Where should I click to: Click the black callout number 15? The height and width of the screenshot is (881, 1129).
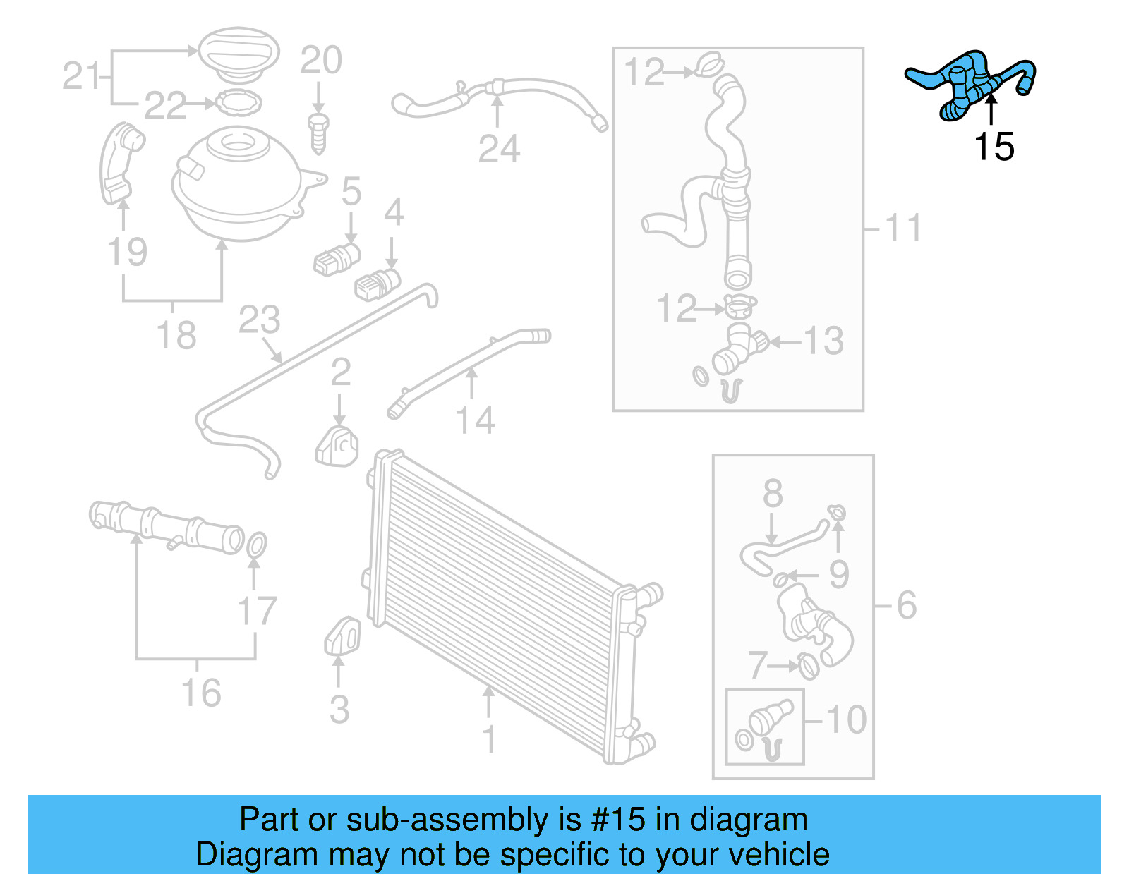[x=994, y=147]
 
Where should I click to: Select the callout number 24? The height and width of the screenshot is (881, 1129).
[x=499, y=149]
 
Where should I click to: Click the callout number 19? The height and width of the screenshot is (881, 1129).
[x=127, y=252]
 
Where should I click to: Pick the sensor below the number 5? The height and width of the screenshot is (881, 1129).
[x=337, y=260]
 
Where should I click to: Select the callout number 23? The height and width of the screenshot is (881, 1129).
[x=259, y=320]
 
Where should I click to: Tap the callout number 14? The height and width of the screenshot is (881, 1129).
[x=475, y=420]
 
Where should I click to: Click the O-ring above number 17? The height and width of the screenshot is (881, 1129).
[x=258, y=545]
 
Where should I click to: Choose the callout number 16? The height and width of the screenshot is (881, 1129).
[x=201, y=693]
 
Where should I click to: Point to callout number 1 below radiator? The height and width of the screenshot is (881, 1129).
[x=489, y=739]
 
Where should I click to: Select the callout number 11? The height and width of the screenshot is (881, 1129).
[x=902, y=228]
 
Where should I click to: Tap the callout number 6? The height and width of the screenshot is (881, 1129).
[x=907, y=605]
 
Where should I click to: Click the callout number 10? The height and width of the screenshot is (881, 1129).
[x=846, y=720]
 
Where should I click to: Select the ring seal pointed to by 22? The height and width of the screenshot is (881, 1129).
[x=238, y=103]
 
